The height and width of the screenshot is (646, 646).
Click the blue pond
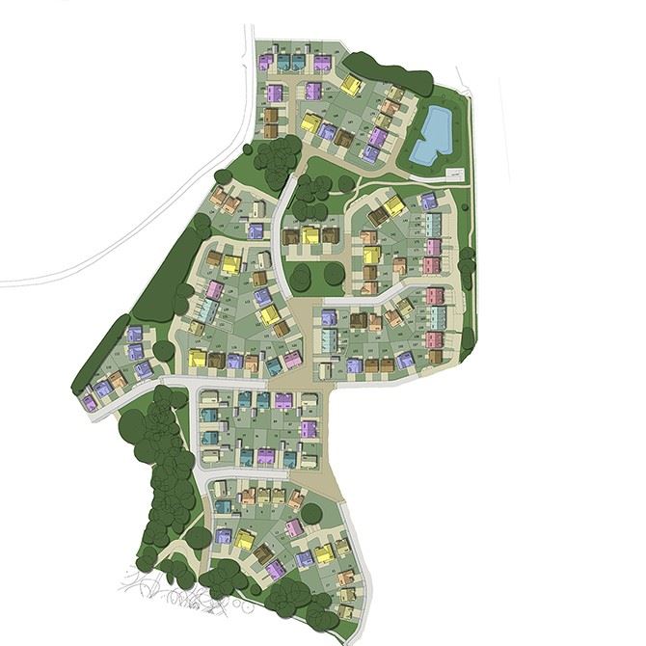pos(431,135)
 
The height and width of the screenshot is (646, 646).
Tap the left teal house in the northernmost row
pos(283,63)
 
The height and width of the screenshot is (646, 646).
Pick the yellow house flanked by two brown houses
pos(310,234)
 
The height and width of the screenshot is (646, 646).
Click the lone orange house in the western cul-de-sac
pos(117,380)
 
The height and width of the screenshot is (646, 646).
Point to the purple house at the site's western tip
pos(89,402)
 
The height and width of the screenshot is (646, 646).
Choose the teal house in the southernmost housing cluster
pos(223,505)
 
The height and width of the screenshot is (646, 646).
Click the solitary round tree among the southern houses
pos(311,513)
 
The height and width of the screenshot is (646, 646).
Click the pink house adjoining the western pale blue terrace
pos(215,289)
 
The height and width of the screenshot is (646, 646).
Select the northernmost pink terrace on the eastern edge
pos(433,248)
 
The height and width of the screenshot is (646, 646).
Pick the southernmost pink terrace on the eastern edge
pos(436,340)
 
